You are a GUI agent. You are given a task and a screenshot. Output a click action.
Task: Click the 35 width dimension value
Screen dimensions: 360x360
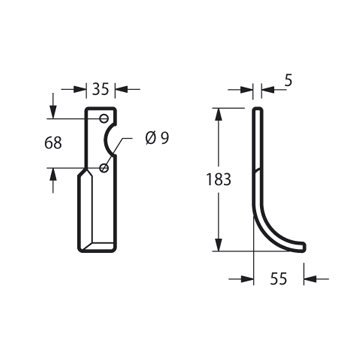click(x=100, y=89)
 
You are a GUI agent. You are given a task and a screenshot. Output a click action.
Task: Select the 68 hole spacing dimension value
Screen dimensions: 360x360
click(x=53, y=143)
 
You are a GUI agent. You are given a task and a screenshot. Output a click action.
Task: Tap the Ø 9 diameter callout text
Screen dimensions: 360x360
click(x=157, y=138)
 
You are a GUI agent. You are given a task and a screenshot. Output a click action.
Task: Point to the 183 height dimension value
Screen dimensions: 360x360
click(x=218, y=179)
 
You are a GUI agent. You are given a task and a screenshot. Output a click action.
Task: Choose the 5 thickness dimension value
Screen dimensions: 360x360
click(x=289, y=81)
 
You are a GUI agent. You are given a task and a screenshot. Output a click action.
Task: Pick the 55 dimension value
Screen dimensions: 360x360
click(x=278, y=279)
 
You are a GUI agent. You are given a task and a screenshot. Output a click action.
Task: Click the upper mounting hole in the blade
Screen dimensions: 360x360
click(x=104, y=118)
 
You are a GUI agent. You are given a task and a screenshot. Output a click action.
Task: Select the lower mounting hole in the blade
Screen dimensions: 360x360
click(x=104, y=168)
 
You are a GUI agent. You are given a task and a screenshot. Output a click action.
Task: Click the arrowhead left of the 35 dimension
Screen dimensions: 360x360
click(x=80, y=89)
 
